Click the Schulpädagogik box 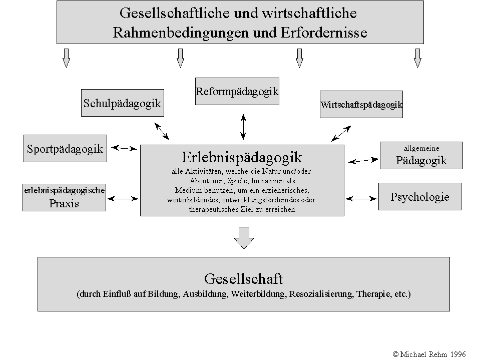point(122,103)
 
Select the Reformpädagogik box point(237,92)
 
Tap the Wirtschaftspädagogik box point(361,105)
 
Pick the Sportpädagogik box point(65,148)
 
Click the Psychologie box point(419,196)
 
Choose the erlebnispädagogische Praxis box point(64,196)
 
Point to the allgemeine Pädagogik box point(421,155)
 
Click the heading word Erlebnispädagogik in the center point(242,157)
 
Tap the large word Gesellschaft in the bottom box point(243,278)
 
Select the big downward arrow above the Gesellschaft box point(244,237)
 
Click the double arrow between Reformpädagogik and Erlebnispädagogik point(243,126)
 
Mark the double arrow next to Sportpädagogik point(124,148)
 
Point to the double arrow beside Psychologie point(360,199)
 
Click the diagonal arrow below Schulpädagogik point(162,131)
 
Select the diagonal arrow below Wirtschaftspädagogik point(341,133)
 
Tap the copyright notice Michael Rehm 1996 point(429,354)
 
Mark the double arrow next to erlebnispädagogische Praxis point(123,199)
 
